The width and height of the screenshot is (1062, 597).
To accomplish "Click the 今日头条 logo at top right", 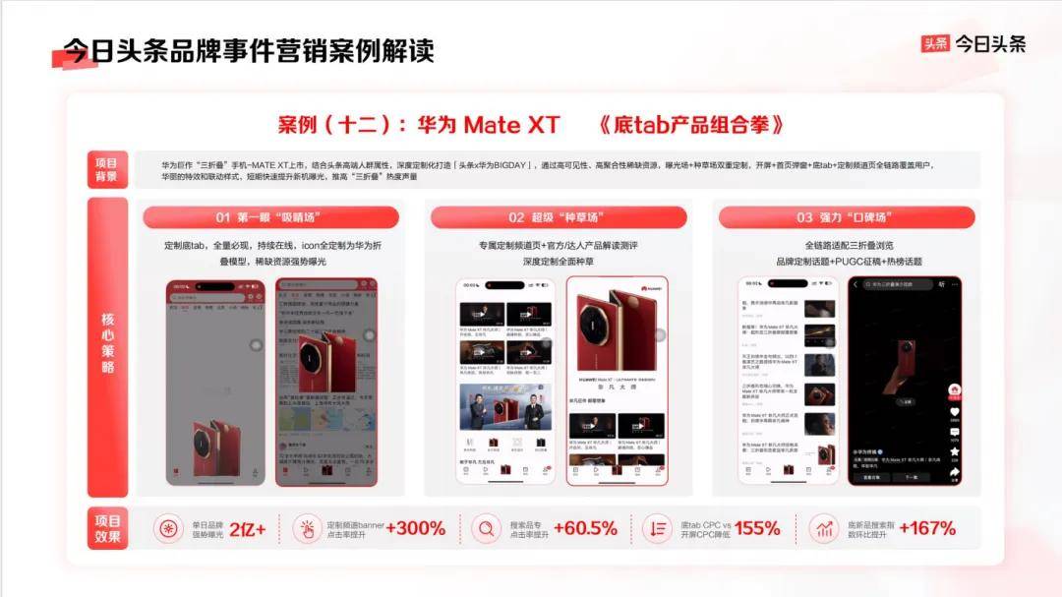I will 973,44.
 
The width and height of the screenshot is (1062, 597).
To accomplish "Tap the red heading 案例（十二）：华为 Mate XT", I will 419,125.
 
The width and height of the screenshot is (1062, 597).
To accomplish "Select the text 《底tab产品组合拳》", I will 692,125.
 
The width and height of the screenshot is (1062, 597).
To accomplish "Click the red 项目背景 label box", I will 106,169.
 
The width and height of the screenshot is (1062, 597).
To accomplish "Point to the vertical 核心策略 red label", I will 107,344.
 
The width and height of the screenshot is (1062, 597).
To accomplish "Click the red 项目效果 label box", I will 107,528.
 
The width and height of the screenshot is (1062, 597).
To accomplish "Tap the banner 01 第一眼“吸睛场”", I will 270,217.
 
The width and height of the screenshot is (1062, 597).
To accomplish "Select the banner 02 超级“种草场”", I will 558,217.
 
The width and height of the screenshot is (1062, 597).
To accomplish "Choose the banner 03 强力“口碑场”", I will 846,217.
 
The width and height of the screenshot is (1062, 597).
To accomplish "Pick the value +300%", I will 415,528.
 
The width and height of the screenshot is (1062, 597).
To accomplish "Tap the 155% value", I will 757,528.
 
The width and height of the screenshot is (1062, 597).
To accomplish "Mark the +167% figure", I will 926,528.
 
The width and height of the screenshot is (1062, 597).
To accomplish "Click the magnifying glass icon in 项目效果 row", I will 486,529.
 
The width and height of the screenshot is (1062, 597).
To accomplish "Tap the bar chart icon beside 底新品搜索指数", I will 824,529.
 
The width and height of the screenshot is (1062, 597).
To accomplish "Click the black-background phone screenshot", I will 905,380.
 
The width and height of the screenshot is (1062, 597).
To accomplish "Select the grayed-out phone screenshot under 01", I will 215,382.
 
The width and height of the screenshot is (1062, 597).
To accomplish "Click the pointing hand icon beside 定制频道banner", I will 308,529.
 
